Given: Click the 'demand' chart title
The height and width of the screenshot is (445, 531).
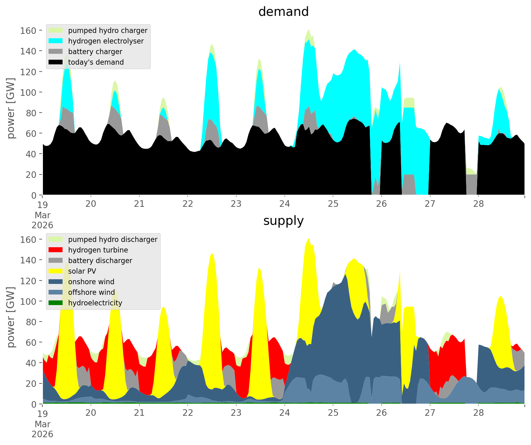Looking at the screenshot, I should tap(283, 12).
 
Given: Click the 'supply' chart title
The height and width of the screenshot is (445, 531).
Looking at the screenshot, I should tap(283, 221).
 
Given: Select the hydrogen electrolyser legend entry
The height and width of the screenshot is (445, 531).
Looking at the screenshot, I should tap(106, 41).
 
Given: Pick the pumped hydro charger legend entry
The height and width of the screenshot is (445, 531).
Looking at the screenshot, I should tap(107, 30).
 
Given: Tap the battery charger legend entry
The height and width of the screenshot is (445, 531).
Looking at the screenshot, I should tap(95, 52).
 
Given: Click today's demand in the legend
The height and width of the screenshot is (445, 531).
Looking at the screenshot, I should tap(96, 62).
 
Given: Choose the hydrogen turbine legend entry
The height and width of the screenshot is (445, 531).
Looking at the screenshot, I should tap(98, 250).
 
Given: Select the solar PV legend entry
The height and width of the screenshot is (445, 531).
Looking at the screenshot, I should tap(82, 271).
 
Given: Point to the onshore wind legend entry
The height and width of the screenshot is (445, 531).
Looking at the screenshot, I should tap(91, 282).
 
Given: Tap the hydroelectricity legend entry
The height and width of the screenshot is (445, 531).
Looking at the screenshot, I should tap(95, 303).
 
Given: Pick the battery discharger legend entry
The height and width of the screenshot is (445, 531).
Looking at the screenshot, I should tap(100, 261).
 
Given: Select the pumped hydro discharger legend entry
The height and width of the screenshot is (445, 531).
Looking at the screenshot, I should tap(112, 239).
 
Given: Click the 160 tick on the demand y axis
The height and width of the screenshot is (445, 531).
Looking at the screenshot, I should tap(28, 30).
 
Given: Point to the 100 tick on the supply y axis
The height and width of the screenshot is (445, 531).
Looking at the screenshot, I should tap(28, 301).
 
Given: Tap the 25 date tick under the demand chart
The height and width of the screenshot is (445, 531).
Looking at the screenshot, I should tap(333, 204).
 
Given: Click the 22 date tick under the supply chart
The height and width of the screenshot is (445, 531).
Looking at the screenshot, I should tap(188, 413).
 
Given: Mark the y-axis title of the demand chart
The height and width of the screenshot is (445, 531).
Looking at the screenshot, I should tap(11, 108).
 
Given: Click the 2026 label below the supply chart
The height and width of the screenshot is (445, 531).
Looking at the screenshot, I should tap(42, 434).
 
